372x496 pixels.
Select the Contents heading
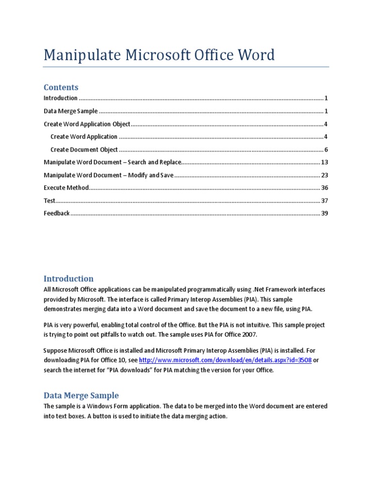[61, 87]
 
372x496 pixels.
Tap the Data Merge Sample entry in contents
[71, 111]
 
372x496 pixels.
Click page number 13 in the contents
[325, 162]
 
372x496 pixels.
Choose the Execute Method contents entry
[66, 187]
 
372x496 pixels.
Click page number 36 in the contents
[325, 187]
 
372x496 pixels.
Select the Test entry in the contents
[49, 201]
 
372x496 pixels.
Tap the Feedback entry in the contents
[57, 213]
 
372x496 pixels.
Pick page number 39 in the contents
[325, 213]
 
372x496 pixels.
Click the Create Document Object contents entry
[84, 150]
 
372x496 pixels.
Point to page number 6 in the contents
[326, 150]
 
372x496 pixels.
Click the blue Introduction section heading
[69, 279]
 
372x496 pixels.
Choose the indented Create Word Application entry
[84, 137]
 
